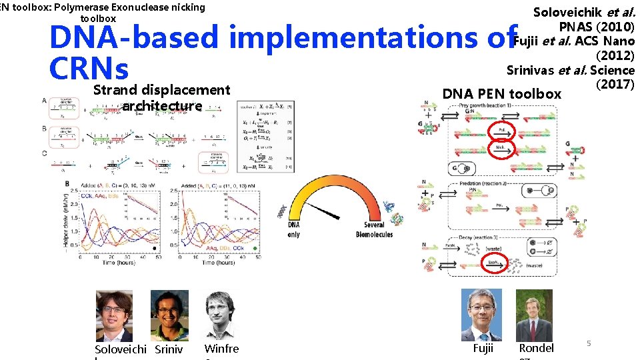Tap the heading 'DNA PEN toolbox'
point(501,94)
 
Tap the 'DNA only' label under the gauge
point(294,230)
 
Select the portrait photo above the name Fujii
point(483,315)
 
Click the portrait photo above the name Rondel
point(536,315)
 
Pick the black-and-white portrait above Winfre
point(221,315)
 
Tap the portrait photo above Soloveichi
point(114,315)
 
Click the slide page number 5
point(589,343)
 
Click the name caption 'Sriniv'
point(169,349)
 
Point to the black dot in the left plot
point(155,248)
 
